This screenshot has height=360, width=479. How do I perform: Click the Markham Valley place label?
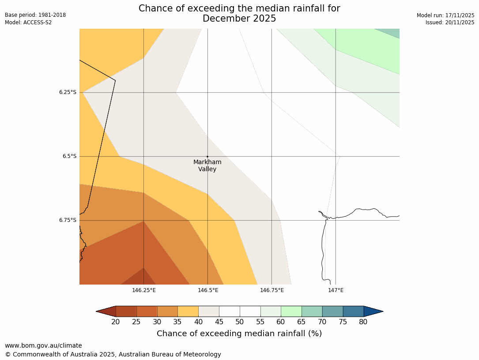[x=207, y=165]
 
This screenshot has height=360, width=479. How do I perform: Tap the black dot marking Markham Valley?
[x=207, y=157]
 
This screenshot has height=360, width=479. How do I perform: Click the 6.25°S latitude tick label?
[x=68, y=92]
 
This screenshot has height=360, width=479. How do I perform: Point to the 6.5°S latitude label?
[x=69, y=156]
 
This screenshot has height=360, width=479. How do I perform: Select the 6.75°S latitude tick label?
[x=68, y=220]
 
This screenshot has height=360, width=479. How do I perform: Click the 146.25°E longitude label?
[x=143, y=290]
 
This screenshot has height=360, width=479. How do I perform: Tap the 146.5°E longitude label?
[x=208, y=290]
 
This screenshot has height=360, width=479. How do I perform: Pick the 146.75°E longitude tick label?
[x=272, y=290]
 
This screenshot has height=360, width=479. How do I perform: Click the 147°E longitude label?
[x=336, y=290]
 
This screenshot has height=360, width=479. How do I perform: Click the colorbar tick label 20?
[x=116, y=322]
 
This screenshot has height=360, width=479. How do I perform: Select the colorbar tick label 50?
[x=240, y=322]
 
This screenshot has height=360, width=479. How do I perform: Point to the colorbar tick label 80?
[x=363, y=322]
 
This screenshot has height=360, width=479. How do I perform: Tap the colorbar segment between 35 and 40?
[x=188, y=311]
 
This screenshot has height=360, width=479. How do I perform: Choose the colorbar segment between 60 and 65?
[x=291, y=311]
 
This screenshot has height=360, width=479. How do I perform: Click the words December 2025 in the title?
[x=239, y=19]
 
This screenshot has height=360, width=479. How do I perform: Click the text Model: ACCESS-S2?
[x=28, y=22]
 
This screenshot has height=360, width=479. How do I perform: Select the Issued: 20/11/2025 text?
[x=450, y=22]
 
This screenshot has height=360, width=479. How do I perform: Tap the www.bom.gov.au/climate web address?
[x=43, y=345]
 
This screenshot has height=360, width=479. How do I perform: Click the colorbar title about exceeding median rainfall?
[x=239, y=334]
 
